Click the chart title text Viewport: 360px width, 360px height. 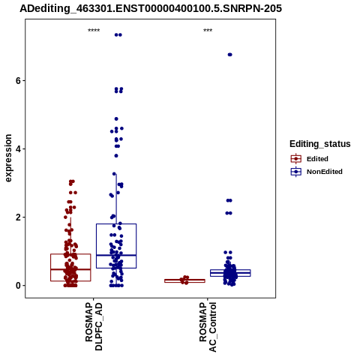[151, 8]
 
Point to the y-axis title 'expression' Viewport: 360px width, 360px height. [8, 158]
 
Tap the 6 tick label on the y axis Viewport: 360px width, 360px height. [18, 81]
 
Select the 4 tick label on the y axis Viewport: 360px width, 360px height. [18, 149]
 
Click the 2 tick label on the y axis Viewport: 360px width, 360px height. [18, 217]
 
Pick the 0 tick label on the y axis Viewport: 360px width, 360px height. [18, 286]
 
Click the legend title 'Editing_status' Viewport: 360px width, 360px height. [320, 144]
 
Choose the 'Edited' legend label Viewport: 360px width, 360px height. [317, 159]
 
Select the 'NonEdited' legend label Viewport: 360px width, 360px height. [325, 172]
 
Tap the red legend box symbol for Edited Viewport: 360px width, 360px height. [296, 159]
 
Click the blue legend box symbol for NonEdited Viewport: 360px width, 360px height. [296, 172]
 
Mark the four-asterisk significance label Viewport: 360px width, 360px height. [94, 31]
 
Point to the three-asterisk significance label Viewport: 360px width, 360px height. [208, 31]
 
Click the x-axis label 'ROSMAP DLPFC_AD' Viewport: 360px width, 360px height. [94, 326]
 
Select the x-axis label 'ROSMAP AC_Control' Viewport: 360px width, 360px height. [208, 327]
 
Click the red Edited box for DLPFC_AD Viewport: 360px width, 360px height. [70, 254]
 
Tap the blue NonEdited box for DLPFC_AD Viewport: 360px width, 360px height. [116, 224]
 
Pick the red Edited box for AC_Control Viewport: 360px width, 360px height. [184, 280]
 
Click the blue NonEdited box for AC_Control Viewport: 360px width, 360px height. [230, 270]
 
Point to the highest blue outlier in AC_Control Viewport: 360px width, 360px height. [230, 55]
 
